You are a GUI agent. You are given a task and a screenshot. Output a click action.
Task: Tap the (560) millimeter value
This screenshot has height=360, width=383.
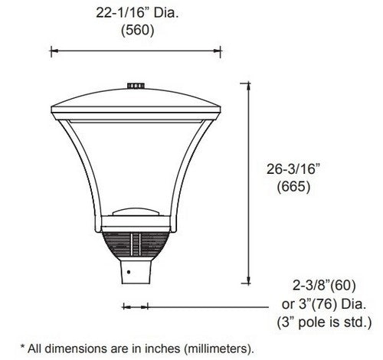point(138,32)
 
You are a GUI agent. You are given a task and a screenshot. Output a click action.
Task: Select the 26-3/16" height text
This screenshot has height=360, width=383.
point(294,167)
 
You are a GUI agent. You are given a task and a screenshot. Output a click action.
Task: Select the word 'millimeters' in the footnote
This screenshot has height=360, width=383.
point(211,346)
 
